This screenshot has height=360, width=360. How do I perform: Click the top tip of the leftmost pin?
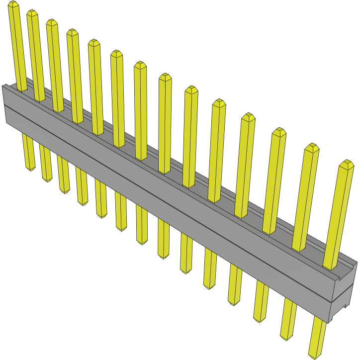13,4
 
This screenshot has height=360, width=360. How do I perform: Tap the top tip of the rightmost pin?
347,163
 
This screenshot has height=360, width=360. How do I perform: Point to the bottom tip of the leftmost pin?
30,169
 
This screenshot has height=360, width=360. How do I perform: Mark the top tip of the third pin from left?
52,22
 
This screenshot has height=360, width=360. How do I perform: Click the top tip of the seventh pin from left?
140,65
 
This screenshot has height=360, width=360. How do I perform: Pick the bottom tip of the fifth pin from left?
101,216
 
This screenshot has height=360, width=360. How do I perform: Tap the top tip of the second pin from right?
312,147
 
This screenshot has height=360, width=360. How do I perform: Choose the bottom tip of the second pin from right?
286,338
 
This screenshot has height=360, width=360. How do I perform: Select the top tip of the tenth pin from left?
219,102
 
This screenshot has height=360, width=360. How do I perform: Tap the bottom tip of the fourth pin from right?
234,303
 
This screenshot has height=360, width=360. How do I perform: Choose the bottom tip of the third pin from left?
65,191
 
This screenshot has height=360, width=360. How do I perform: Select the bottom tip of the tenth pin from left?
209,287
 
